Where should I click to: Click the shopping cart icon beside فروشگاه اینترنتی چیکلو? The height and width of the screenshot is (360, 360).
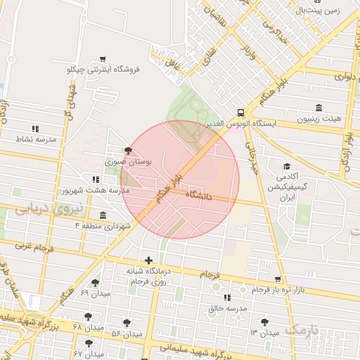pyautogui.click(x=103, y=59)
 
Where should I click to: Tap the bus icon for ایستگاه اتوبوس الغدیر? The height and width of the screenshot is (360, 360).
pyautogui.click(x=241, y=112)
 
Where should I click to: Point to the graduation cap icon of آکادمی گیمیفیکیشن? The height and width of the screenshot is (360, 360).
pyautogui.click(x=287, y=167)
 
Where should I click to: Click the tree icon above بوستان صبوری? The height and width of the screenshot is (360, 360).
pyautogui.click(x=127, y=150)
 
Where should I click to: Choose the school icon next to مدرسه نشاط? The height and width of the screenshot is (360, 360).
pyautogui.click(x=35, y=129)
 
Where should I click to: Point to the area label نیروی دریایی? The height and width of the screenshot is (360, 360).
pyautogui.click(x=51, y=208)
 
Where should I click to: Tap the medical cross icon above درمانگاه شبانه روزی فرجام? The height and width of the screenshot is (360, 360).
pyautogui.click(x=148, y=261)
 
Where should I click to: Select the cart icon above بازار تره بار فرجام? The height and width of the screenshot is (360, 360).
pyautogui.click(x=278, y=279)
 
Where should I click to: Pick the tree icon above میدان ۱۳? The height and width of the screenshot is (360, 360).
pyautogui.click(x=264, y=321)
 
